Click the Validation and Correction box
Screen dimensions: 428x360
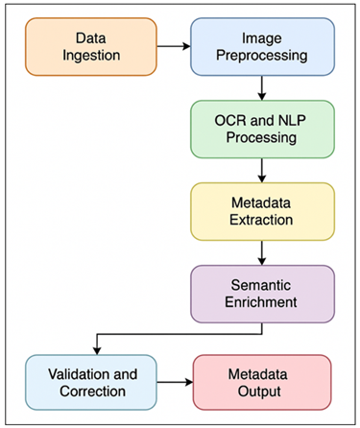coord(92,382)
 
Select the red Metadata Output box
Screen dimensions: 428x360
coord(262,382)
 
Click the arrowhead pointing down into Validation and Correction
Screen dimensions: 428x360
coord(93,349)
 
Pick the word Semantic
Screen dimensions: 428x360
coord(262,284)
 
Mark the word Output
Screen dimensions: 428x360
coord(262,391)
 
